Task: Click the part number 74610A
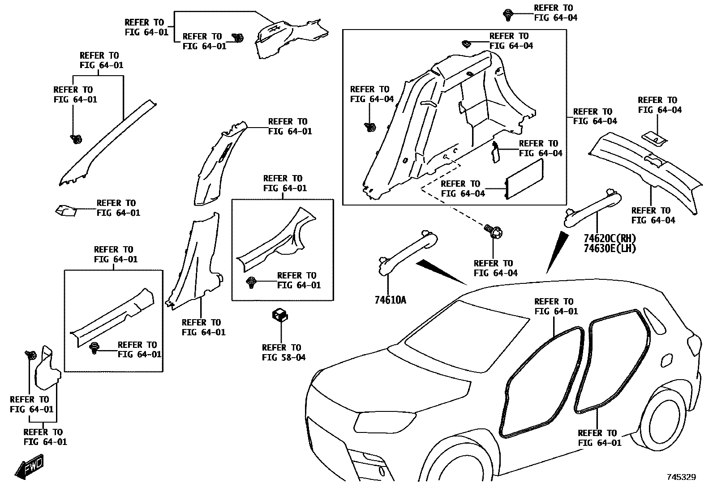pyautogui.click(x=390, y=300)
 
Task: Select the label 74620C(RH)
pyautogui.click(x=610, y=238)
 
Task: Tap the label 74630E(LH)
pyautogui.click(x=610, y=248)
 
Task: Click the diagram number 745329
pyautogui.click(x=681, y=477)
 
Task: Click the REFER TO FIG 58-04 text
pyautogui.click(x=283, y=352)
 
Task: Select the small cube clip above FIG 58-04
pyautogui.click(x=280, y=315)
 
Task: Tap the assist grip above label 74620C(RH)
pyautogui.click(x=593, y=205)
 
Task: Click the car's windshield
pyautogui.click(x=466, y=336)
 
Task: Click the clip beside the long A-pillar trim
pyautogui.click(x=76, y=139)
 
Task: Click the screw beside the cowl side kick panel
pyautogui.click(x=31, y=356)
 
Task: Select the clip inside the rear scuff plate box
pyautogui.click(x=252, y=282)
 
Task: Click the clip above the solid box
pyautogui.click(x=508, y=15)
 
